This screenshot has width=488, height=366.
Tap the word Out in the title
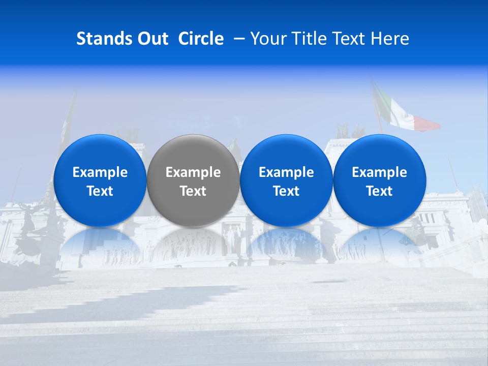(152, 39)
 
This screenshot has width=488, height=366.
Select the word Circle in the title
(201, 39)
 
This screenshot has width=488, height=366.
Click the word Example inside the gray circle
(193, 172)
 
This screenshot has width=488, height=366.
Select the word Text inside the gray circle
(193, 191)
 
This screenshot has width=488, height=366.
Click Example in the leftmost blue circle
(100, 172)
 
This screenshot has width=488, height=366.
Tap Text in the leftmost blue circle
(100, 191)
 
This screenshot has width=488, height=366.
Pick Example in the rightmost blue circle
(380, 172)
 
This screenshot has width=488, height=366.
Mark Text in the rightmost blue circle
(380, 191)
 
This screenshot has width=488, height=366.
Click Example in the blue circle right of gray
(286, 172)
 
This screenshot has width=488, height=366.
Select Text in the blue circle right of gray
(286, 191)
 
